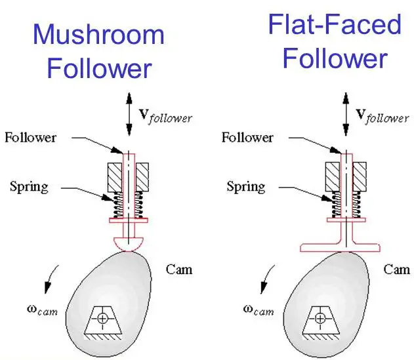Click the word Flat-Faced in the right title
(335, 25)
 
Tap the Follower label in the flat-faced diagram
(247, 137)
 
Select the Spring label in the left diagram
(29, 186)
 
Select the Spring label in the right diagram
(246, 186)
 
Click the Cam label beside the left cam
(179, 268)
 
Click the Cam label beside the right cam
(396, 268)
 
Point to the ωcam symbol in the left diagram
(43, 309)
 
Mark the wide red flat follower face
(341, 247)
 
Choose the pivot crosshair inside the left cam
(102, 319)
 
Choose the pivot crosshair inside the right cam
(320, 319)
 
